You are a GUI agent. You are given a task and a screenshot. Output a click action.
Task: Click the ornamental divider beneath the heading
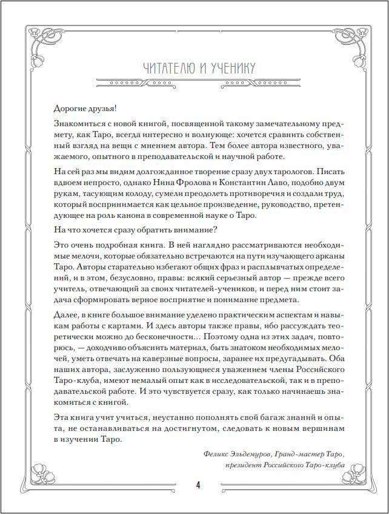[195, 83]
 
